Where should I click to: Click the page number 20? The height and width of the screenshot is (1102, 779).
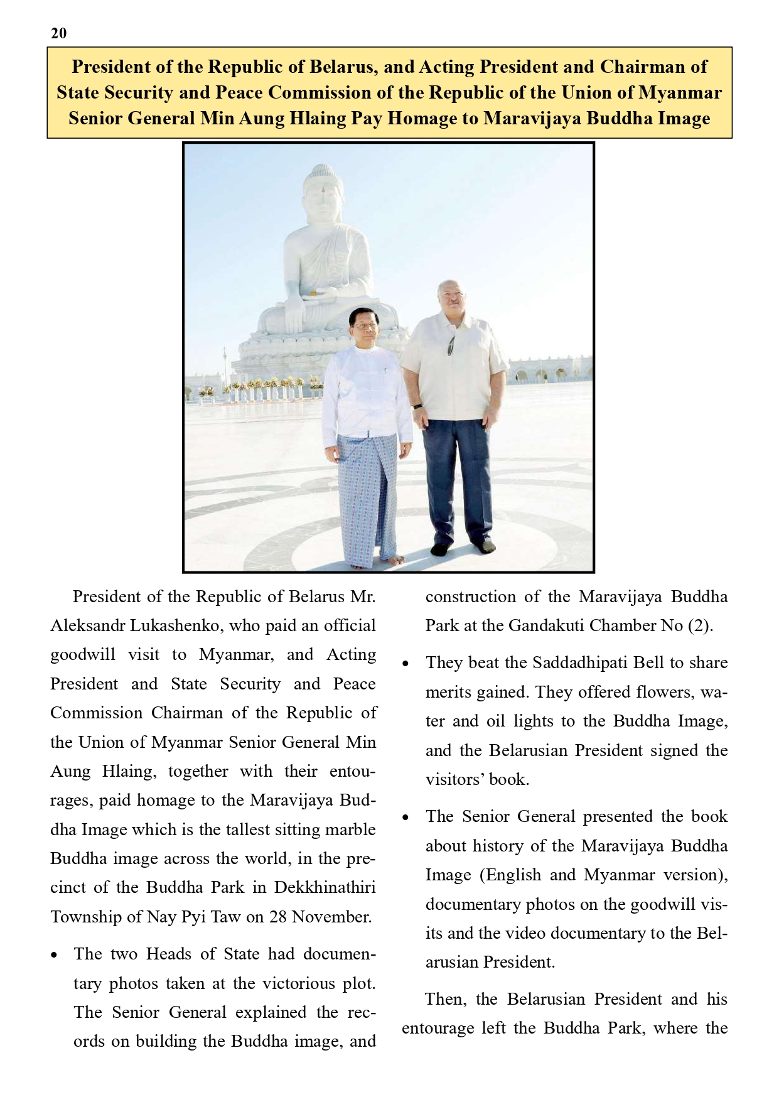(x=58, y=33)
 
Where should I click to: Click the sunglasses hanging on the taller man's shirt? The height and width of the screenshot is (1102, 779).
(x=451, y=345)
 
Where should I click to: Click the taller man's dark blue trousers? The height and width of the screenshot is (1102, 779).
(x=457, y=477)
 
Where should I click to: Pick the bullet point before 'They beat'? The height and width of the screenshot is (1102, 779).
(x=406, y=664)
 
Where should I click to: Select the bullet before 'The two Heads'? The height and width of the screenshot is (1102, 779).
(x=55, y=956)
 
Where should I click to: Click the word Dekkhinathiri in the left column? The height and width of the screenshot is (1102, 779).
(x=325, y=887)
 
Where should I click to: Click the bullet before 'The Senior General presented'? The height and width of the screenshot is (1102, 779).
(x=406, y=818)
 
